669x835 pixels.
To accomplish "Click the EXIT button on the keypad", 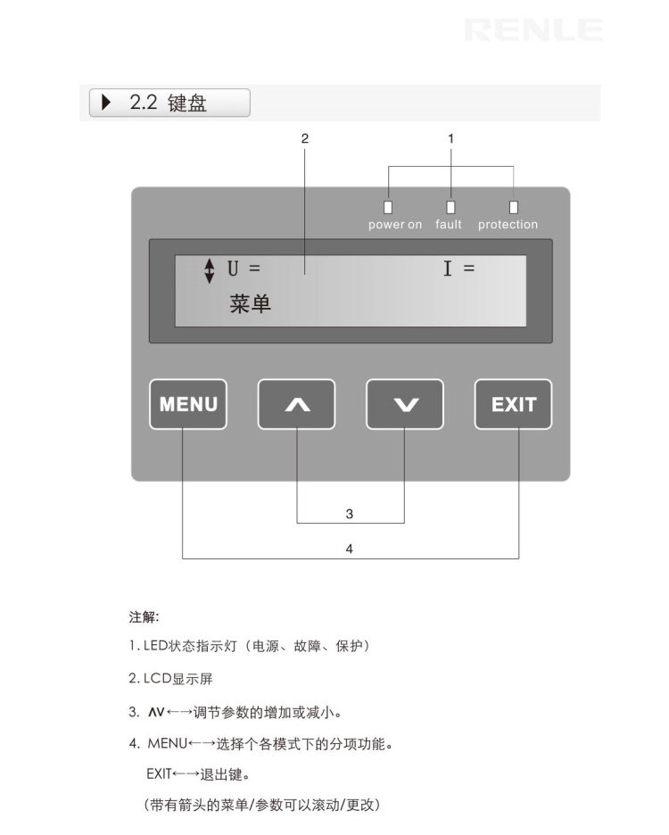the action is (513, 404).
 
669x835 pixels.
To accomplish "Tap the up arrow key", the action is (296, 404).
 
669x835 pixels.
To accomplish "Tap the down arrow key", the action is (405, 404).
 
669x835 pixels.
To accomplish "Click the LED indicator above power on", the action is (388, 205).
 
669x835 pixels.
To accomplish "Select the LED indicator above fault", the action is (450, 205).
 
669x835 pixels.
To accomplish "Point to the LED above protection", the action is (514, 205).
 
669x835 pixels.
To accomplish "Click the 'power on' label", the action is (394, 225).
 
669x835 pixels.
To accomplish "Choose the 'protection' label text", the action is (508, 225).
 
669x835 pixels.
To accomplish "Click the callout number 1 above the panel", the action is (450, 138).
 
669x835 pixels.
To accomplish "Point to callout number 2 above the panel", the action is (304, 138).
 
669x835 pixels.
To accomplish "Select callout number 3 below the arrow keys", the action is (350, 514).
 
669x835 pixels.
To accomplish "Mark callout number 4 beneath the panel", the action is (350, 550).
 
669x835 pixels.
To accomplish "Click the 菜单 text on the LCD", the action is (250, 304).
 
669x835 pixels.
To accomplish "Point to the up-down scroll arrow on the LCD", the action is (210, 270).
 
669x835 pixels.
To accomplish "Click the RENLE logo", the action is (533, 30).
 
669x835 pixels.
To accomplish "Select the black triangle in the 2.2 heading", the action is (107, 103).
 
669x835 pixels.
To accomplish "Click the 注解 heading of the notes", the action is (144, 616).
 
